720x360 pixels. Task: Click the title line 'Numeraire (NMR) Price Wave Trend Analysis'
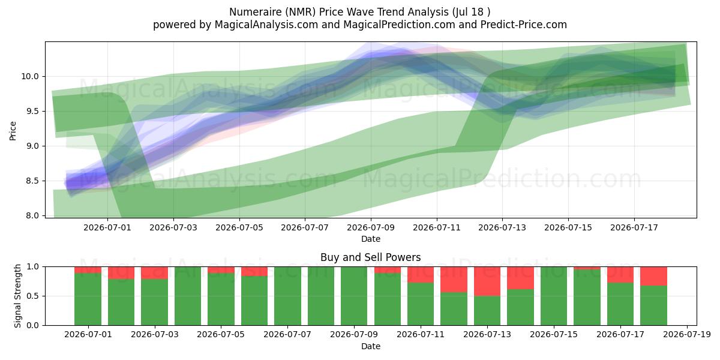coord(339,12)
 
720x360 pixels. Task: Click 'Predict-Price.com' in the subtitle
coord(524,25)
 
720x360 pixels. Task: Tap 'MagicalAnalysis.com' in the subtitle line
coord(266,25)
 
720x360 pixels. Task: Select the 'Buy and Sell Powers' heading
coord(371,257)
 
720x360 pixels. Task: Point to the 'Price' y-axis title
coord(13,131)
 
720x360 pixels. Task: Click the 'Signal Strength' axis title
coord(17,296)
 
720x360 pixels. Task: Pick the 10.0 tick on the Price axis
coord(30,77)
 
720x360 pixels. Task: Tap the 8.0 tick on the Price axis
coord(32,215)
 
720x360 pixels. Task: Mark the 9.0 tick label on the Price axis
coord(32,146)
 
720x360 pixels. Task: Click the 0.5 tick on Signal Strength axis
coord(32,296)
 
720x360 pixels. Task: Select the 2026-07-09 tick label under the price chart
coord(371,228)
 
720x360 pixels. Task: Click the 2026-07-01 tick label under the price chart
coord(107,228)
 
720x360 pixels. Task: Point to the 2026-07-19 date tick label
coord(687,335)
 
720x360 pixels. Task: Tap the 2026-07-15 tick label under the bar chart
coord(554,335)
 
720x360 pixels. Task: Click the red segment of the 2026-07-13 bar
coord(487,281)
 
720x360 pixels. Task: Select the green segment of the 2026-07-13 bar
coord(487,311)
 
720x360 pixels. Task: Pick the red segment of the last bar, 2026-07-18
coord(653,276)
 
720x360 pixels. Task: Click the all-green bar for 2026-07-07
coord(287,296)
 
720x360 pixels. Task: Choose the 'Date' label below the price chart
coord(371,239)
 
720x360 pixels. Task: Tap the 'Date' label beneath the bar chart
coord(371,346)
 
